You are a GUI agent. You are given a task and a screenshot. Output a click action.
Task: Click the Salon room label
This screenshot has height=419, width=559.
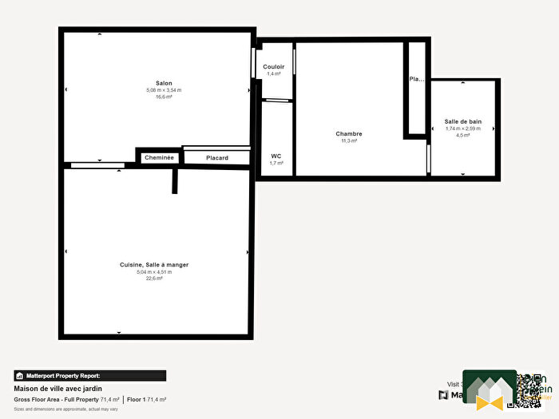click(164, 83)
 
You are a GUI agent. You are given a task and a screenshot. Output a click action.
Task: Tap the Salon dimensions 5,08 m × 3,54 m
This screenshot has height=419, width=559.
click(164, 90)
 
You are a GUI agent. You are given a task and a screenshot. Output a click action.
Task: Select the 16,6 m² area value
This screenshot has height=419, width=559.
click(164, 97)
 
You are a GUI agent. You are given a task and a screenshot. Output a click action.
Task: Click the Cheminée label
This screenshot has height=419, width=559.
click(159, 158)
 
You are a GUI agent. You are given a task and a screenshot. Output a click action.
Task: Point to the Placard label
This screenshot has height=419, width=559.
click(217, 158)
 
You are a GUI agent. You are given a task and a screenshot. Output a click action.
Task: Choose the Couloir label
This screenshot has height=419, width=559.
click(274, 67)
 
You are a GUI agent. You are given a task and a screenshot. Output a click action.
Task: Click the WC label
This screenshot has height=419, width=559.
click(276, 156)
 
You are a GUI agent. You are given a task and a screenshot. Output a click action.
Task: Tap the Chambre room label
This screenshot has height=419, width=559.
click(349, 134)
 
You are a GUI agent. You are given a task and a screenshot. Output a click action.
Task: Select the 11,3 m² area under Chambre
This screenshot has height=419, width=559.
click(349, 140)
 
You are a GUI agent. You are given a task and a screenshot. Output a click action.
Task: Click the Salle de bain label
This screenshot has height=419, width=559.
click(463, 122)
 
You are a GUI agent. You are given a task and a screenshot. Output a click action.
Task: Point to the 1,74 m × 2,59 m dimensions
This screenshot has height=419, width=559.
click(463, 128)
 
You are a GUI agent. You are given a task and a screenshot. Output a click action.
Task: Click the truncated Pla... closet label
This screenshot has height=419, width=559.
click(416, 80)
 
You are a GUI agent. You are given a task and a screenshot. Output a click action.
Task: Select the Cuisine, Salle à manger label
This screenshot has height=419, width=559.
click(154, 265)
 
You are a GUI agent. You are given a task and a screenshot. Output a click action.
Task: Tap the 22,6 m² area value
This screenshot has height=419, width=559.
click(154, 279)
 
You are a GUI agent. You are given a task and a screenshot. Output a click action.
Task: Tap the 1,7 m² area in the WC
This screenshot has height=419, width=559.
click(276, 163)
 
